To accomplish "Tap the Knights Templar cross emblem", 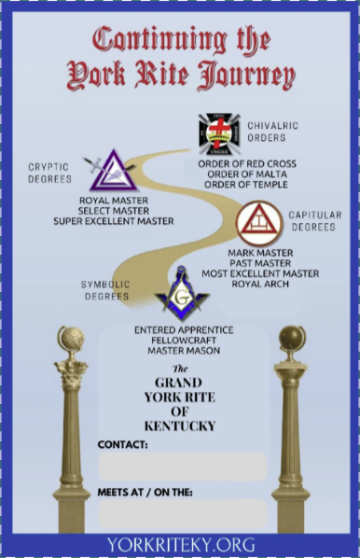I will coord(219,133).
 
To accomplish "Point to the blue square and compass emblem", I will coord(182,292).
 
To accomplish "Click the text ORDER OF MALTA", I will coord(247,174).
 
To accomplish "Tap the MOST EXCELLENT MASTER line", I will coord(259,272).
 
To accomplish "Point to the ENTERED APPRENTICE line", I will coord(184,330).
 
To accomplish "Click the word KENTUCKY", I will coord(181,425).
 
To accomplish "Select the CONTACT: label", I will coord(123,445).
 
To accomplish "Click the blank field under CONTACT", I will coord(182,466).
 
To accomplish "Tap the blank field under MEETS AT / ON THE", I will coord(182,513).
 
